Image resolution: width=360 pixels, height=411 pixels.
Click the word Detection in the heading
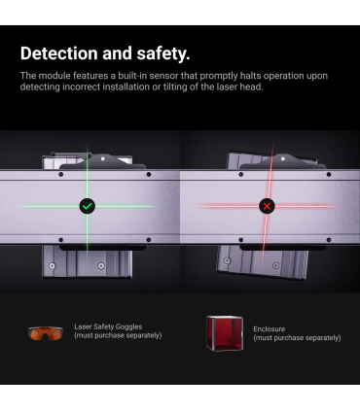[58, 53]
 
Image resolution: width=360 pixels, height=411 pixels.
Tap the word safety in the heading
[162, 53]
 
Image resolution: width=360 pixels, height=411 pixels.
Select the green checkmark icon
[88, 206]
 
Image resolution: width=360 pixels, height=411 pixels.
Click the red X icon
[267, 206]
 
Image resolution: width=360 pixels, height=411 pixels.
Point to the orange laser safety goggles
[46, 333]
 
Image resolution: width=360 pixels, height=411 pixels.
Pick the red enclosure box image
[225, 333]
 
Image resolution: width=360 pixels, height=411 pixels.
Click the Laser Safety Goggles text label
[108, 326]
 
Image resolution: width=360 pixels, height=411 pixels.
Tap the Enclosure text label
[270, 329]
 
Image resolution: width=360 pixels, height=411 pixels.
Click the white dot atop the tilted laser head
[283, 158]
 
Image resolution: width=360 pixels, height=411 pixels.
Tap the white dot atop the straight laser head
[103, 158]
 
